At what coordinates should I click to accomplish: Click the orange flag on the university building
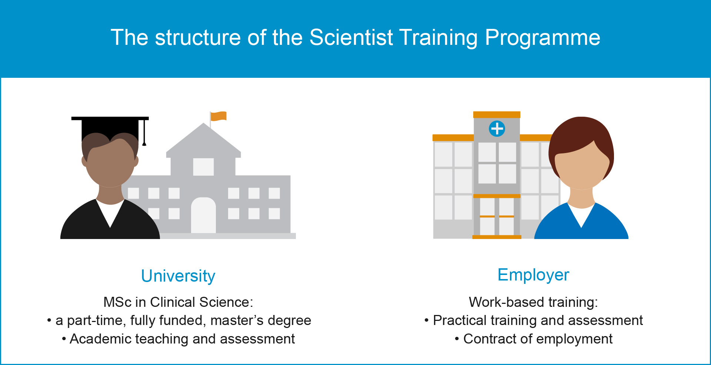[218, 116]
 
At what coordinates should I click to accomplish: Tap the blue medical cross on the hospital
[497, 129]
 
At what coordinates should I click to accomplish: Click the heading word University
[178, 276]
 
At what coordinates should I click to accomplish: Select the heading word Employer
[533, 275]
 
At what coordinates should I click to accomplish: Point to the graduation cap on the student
[110, 128]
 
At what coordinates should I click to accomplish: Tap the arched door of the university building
[203, 215]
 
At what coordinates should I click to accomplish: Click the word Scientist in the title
[351, 37]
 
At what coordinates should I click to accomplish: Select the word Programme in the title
[543, 38]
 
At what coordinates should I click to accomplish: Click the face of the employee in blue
[581, 169]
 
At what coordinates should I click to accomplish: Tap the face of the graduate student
[110, 163]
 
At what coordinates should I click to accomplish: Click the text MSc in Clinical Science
[178, 302]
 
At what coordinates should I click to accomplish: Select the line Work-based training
[533, 302]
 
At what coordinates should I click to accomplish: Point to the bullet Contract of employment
[534, 339]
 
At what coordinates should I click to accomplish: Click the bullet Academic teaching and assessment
[178, 339]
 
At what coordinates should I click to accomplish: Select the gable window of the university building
[203, 167]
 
